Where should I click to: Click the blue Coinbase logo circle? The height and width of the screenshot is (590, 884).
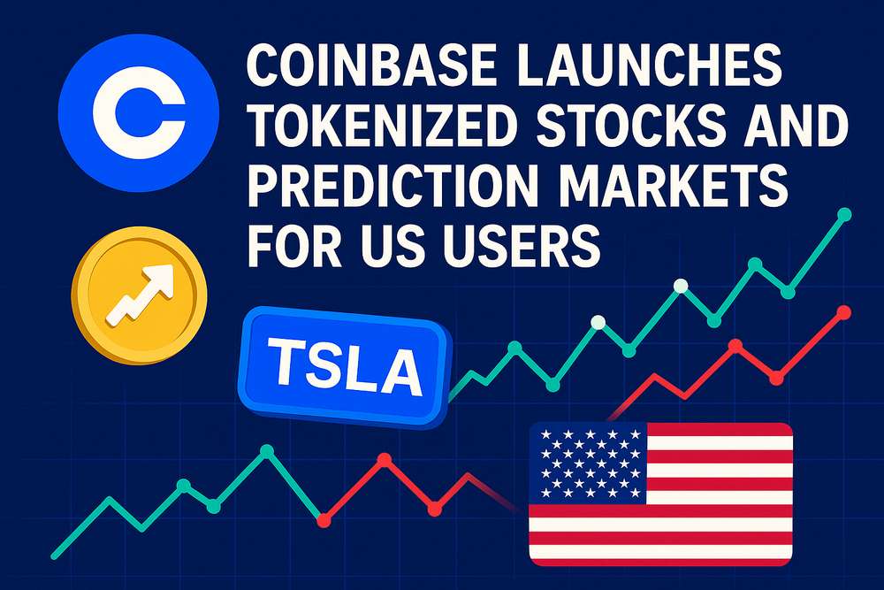138,111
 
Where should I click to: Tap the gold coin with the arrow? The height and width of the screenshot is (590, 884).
140,295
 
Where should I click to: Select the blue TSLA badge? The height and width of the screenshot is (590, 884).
344,367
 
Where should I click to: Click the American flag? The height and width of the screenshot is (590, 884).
660,494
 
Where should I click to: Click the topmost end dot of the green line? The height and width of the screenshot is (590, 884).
844,214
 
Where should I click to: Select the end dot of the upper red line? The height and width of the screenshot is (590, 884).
844,312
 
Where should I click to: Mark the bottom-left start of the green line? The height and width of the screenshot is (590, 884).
54,556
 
